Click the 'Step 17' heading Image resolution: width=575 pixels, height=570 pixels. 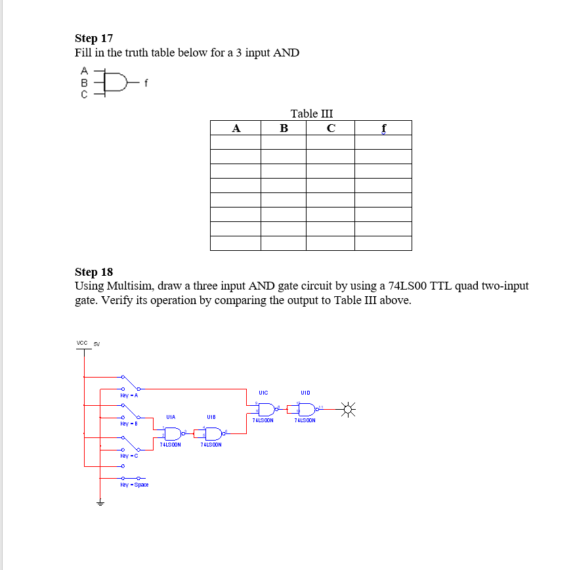(94, 38)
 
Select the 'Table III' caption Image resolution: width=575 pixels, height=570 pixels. (311, 114)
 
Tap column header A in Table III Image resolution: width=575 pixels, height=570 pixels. (236, 128)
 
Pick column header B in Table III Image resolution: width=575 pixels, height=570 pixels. (284, 128)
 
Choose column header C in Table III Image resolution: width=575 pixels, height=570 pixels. (331, 128)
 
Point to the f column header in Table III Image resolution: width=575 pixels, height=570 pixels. (383, 128)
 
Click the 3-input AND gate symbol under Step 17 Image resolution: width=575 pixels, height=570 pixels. (116, 82)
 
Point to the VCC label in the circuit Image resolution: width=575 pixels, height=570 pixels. (82, 343)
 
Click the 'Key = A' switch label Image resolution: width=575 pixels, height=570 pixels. (129, 395)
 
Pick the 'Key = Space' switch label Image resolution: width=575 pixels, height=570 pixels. (134, 485)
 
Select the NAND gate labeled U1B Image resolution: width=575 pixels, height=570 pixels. (212, 433)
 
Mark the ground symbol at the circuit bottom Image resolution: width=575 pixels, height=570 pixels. (100, 503)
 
